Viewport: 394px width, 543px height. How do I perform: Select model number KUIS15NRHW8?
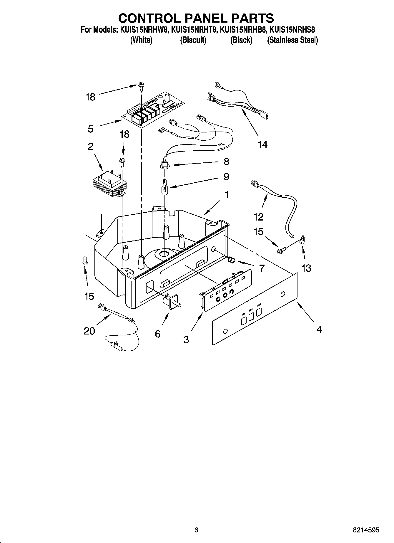coord(144,30)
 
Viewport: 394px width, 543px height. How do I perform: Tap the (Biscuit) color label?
coord(193,40)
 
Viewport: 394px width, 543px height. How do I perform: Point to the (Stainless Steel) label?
coord(292,40)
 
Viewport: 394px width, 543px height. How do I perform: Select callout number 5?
coord(91,129)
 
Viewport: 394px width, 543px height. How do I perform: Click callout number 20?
coord(89,331)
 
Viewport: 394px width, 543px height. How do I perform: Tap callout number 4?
coord(319,330)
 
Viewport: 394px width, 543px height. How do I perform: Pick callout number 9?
coord(226,176)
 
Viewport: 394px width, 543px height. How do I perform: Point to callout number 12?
coord(258,217)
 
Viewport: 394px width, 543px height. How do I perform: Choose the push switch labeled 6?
coord(171,302)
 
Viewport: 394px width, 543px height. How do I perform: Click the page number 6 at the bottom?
coord(196,530)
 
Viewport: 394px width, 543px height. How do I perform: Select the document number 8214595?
coord(366,530)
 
